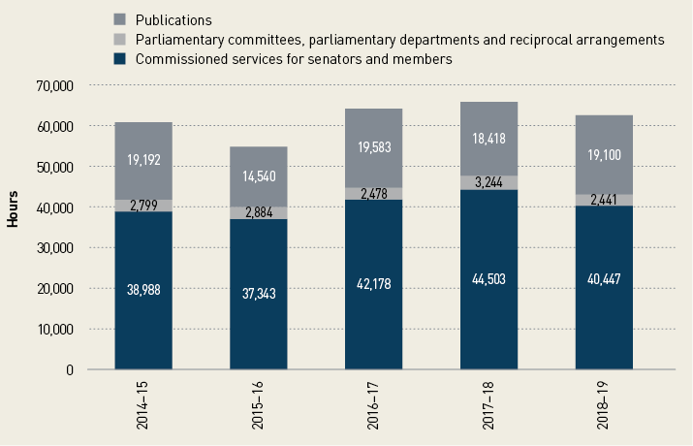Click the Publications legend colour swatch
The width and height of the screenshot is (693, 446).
click(x=120, y=19)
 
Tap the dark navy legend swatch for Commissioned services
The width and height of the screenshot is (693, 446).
click(x=120, y=60)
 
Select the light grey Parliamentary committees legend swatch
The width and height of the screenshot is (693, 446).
click(x=120, y=40)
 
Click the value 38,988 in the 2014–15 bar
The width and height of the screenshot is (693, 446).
click(x=143, y=288)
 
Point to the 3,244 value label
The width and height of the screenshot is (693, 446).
click(x=488, y=181)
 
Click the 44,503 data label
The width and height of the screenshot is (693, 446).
click(x=488, y=280)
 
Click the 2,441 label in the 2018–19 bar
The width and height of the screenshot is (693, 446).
click(x=604, y=200)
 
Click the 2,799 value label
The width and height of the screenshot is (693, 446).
click(x=143, y=206)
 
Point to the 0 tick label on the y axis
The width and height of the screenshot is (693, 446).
click(x=69, y=369)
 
